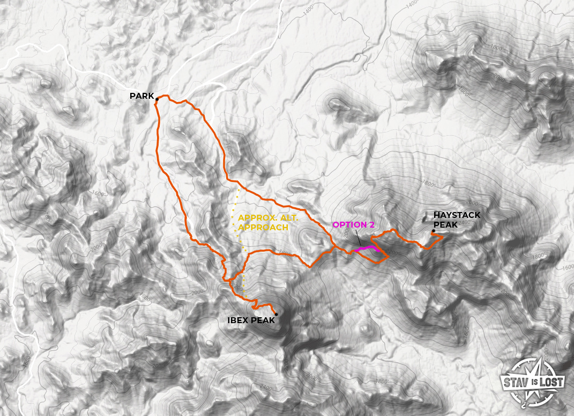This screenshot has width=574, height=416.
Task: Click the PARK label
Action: tap(141, 96)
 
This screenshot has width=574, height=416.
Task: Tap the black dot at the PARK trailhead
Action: tap(157, 99)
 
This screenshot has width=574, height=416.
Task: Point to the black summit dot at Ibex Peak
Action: tap(276, 314)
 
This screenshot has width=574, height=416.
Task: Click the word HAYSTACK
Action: tap(457, 215)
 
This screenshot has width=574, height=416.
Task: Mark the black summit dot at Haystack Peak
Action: tap(434, 231)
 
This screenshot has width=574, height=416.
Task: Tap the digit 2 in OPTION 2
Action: tap(371, 224)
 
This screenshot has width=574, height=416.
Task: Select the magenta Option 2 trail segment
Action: tap(367, 248)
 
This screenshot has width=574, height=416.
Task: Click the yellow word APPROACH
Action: tap(263, 228)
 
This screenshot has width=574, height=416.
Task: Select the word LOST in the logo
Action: tap(551, 382)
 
